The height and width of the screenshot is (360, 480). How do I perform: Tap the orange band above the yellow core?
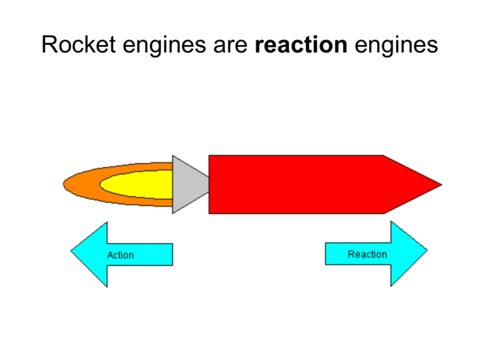[125, 168]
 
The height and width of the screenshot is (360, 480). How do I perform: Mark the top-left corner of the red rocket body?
[210, 156]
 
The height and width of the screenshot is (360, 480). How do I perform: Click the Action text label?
[121, 255]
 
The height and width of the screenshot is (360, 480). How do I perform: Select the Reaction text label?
[367, 254]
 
